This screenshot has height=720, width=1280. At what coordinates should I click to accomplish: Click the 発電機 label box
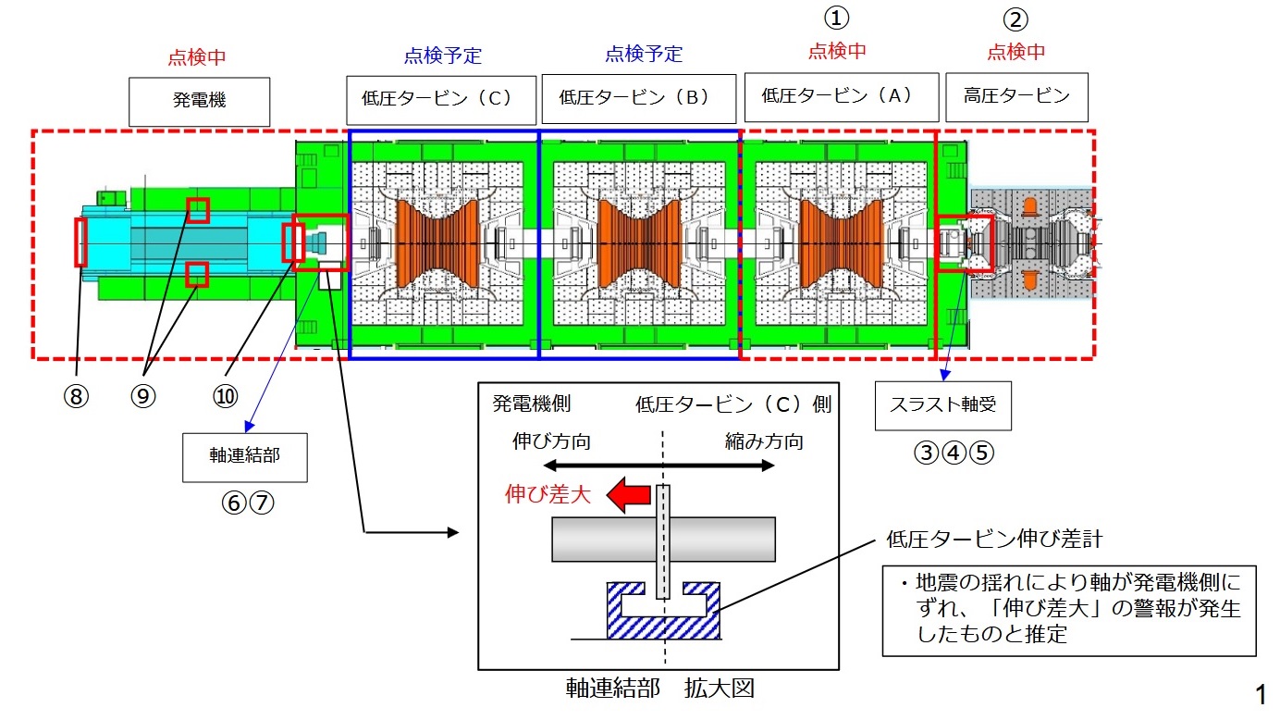point(199,101)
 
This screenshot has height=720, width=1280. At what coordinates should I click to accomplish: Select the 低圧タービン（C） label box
point(442,99)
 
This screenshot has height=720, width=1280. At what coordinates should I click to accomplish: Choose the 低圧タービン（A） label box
point(837,95)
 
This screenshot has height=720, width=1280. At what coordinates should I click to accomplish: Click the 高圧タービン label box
point(1016,95)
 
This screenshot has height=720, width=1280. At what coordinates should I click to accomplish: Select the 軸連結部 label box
point(244,455)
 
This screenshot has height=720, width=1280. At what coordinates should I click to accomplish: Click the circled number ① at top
point(836,18)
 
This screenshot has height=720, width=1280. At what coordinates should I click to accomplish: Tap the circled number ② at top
point(1015,19)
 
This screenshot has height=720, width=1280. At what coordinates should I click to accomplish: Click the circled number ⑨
point(142,396)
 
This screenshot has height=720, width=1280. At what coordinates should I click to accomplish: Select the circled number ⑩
point(225,396)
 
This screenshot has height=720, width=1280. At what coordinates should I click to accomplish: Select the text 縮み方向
point(764,441)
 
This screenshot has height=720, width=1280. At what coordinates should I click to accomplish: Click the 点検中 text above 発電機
point(196,57)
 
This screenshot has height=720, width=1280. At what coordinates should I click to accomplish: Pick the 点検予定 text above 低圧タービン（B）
point(644,54)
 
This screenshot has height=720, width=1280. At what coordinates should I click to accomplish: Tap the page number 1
point(1261,694)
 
